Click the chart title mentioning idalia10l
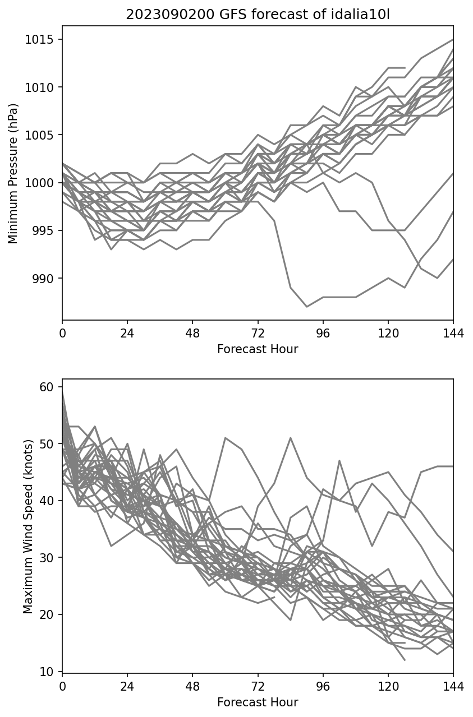[x=258, y=15]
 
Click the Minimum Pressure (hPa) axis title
[x=13, y=173]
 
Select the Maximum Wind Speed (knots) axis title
[x=27, y=526]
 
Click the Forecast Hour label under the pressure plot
[x=258, y=349]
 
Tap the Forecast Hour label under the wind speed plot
[x=258, y=702]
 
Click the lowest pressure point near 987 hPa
[x=306, y=307]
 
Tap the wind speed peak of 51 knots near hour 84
[x=290, y=438]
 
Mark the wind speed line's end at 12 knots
[x=405, y=660]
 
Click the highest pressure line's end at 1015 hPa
[x=453, y=39]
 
